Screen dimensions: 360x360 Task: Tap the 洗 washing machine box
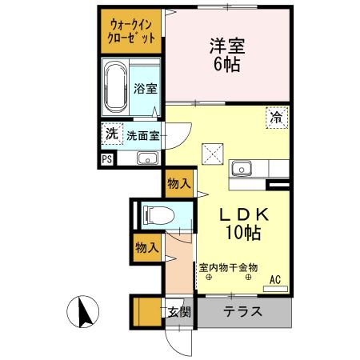click(x=110, y=134)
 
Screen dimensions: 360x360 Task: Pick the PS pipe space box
click(x=107, y=158)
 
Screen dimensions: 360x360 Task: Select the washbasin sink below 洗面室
click(x=148, y=158)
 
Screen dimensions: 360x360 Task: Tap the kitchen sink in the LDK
click(x=242, y=169)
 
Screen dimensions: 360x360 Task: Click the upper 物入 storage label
click(x=178, y=184)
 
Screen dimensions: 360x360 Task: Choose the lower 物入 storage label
click(x=146, y=247)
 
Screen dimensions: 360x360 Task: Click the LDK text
click(x=237, y=214)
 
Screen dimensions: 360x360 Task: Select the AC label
click(x=274, y=279)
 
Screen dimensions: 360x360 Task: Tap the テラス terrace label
click(x=242, y=311)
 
